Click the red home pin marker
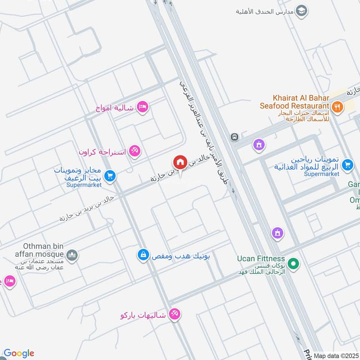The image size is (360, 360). click(x=180, y=162)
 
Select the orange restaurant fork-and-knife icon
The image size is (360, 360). click(x=337, y=107)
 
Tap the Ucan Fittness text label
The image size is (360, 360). click(x=261, y=259)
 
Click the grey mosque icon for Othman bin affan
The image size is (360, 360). click(x=72, y=256)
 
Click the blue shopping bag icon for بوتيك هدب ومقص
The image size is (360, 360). click(x=143, y=255)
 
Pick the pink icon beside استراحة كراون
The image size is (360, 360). click(x=134, y=150)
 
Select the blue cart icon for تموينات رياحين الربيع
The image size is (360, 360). click(x=347, y=165)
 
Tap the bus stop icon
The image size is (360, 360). click(x=234, y=137)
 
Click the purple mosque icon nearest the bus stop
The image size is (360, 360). click(x=259, y=145)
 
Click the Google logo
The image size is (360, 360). click(x=18, y=353)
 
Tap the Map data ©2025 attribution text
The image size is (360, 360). click(x=335, y=355)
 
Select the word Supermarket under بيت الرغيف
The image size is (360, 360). click(x=84, y=184)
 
